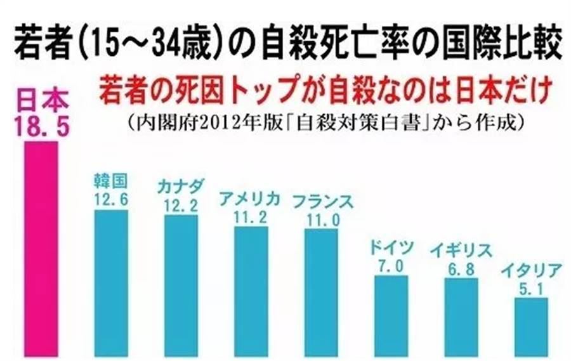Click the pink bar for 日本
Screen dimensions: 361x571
tap(41, 247)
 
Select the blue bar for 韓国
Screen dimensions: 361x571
tap(110, 282)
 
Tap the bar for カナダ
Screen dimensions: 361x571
tap(181, 285)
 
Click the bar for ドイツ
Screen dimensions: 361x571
tap(391, 315)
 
